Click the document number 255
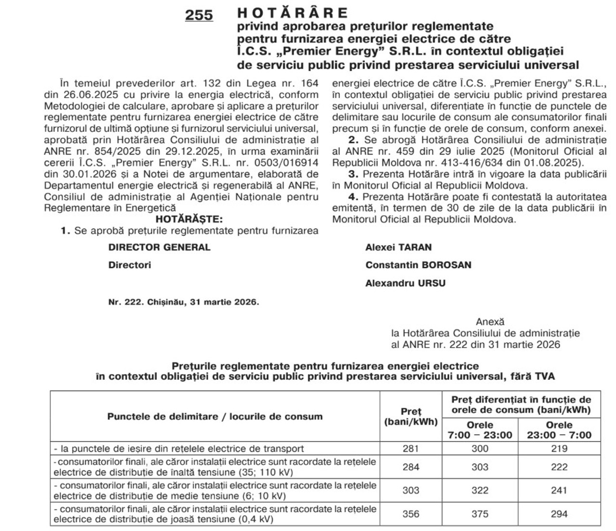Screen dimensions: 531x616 [x=199, y=15]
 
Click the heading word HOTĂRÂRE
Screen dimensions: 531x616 [x=292, y=13]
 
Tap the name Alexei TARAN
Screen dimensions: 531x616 [x=398, y=247]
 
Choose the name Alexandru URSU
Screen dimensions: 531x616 [x=405, y=283]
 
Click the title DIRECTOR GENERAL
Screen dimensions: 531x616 [x=159, y=247]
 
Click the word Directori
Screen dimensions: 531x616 [x=129, y=265]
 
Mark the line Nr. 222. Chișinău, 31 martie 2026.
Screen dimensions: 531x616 [x=184, y=302]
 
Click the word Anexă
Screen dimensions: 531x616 [x=490, y=322]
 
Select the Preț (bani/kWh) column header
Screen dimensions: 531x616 [x=411, y=416]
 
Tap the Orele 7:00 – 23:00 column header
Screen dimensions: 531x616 [x=480, y=430]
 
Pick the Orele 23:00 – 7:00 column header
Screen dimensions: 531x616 [x=559, y=430]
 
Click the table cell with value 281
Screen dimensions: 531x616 [x=411, y=449]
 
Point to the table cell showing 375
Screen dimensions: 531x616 [x=480, y=514]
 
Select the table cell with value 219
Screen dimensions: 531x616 [x=559, y=449]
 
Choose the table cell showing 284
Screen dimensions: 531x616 [x=411, y=467]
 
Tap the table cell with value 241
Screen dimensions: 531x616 [x=559, y=490]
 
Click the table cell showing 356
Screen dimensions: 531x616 [x=411, y=514]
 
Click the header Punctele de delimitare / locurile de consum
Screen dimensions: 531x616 [x=215, y=416]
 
